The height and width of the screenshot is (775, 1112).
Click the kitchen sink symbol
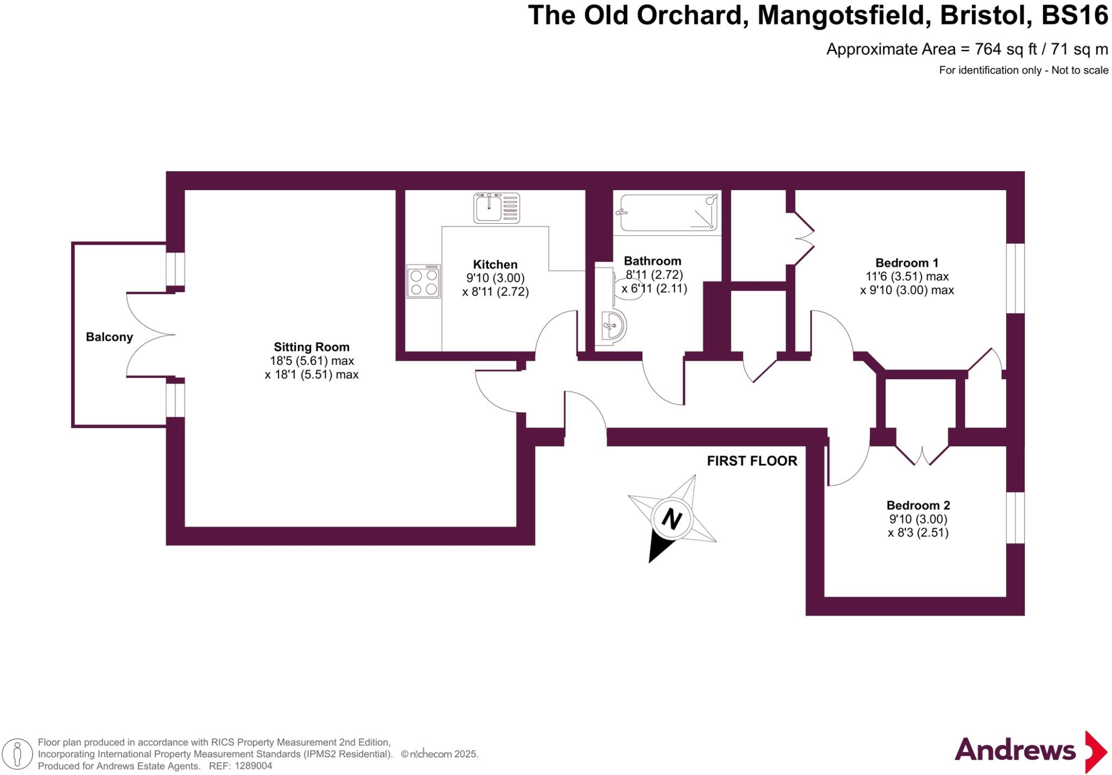point(496,208)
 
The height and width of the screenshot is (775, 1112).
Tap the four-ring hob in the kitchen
point(424,281)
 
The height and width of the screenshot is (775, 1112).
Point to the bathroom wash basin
point(613,327)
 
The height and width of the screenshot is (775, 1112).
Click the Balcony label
point(109,337)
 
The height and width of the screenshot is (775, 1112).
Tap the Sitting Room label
point(311,347)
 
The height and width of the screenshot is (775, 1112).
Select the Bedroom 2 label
point(918,506)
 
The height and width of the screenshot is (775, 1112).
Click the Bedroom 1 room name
point(906,263)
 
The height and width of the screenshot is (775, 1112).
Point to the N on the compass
point(672,519)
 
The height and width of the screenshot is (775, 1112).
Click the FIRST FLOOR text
point(751,461)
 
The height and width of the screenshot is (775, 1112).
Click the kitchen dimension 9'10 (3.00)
point(495,278)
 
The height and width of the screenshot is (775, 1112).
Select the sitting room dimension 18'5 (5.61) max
point(312,361)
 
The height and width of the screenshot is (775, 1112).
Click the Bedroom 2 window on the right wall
point(1015,518)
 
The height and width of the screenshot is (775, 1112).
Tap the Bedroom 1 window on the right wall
point(1015,278)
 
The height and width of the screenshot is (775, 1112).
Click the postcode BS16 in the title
point(1075,16)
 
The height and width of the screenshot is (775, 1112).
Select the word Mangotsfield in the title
point(841,16)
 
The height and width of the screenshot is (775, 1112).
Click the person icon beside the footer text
point(17,754)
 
